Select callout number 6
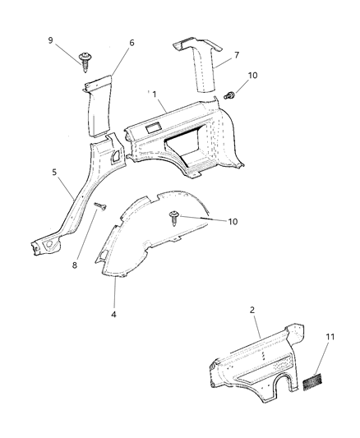pyautogui.click(x=132, y=43)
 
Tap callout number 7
pyautogui.click(x=236, y=55)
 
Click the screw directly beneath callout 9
pyautogui.click(x=86, y=58)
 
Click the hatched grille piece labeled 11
pyautogui.click(x=312, y=382)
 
